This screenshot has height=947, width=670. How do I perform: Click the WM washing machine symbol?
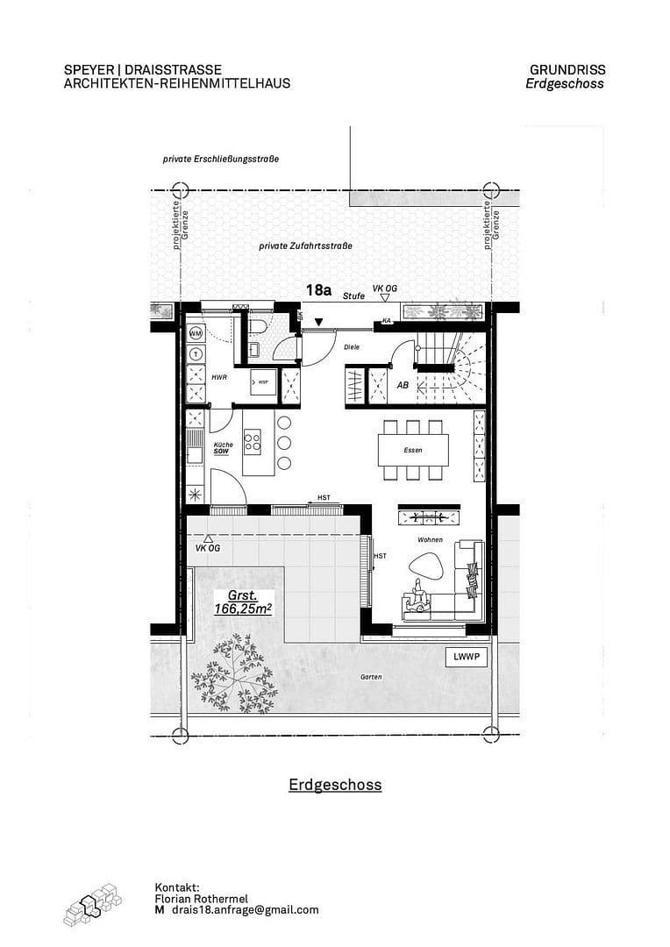[x=196, y=334]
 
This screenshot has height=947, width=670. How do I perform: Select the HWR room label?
[x=219, y=376]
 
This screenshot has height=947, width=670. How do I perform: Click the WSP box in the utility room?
[x=262, y=382]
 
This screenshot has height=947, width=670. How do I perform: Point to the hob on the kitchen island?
[x=253, y=438]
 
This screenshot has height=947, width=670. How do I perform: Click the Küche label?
[x=223, y=445]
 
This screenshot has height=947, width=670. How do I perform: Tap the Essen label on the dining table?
[x=413, y=451]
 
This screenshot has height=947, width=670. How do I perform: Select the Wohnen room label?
[x=430, y=540]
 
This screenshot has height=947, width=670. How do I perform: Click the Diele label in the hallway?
[x=352, y=347]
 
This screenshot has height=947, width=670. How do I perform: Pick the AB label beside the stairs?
[x=403, y=385]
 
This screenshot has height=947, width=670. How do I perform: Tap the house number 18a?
[x=318, y=288]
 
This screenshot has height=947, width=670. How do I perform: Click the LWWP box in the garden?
[x=465, y=658]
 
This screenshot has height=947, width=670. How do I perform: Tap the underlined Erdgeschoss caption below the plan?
[x=335, y=785]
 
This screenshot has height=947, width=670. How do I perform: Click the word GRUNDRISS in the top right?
[x=567, y=70]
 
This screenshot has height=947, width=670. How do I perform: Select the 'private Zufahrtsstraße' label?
[x=305, y=246]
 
